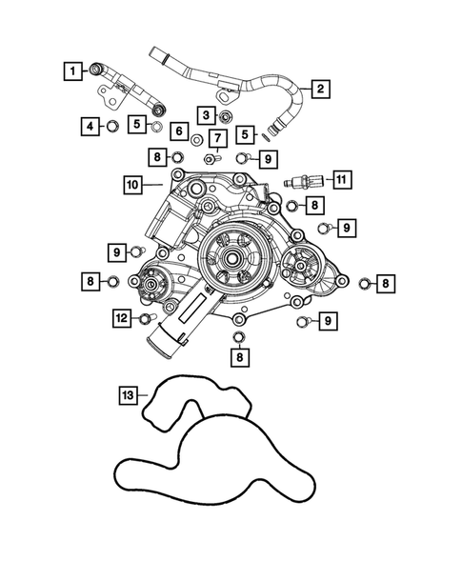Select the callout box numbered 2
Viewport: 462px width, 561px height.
320,90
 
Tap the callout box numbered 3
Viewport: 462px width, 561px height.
205,115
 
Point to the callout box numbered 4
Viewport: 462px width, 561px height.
88,125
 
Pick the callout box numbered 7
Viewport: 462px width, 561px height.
216,139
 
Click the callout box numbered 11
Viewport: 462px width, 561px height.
342,177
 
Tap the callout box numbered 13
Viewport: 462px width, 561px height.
129,393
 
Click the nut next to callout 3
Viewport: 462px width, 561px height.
227,116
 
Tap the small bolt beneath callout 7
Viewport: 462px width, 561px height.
216,158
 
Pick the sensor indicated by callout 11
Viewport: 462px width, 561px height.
307,179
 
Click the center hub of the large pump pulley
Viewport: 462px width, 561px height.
231,257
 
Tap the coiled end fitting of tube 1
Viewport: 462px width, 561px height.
96,68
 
